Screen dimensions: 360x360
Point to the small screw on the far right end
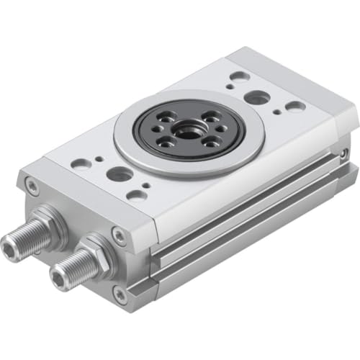[345, 153]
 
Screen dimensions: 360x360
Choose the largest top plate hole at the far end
[257, 96]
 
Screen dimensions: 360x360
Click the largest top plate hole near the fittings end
[119, 174]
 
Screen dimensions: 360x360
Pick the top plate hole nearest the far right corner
[294, 107]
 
